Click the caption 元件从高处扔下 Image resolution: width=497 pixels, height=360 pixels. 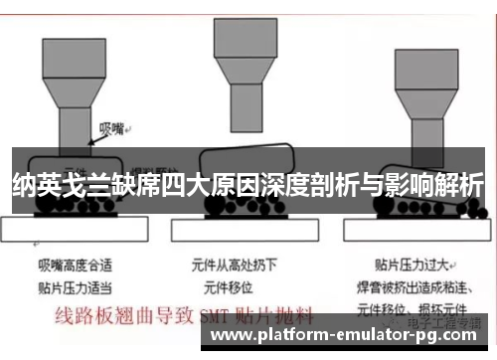tap(234, 267)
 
